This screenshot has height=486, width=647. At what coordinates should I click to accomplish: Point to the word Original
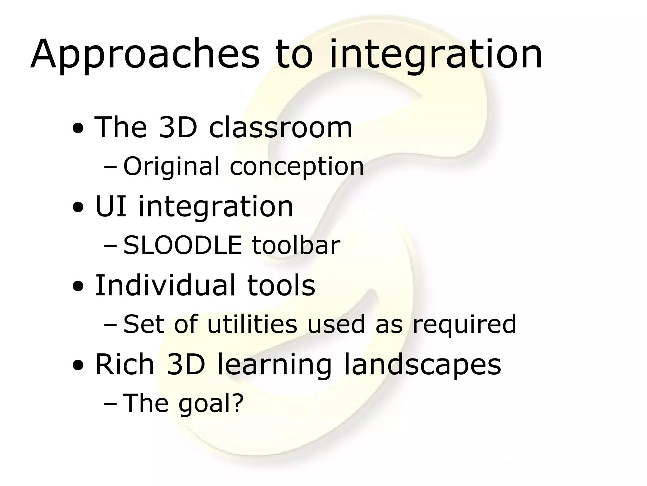pos(171,166)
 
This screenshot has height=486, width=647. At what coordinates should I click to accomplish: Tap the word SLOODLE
pos(183,245)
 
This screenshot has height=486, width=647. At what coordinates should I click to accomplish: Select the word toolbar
pos(296,245)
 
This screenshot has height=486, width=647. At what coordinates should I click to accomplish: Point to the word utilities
pos(252,324)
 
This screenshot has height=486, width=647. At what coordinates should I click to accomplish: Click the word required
pos(464,325)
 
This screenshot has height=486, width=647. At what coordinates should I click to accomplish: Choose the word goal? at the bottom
pos(211,404)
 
